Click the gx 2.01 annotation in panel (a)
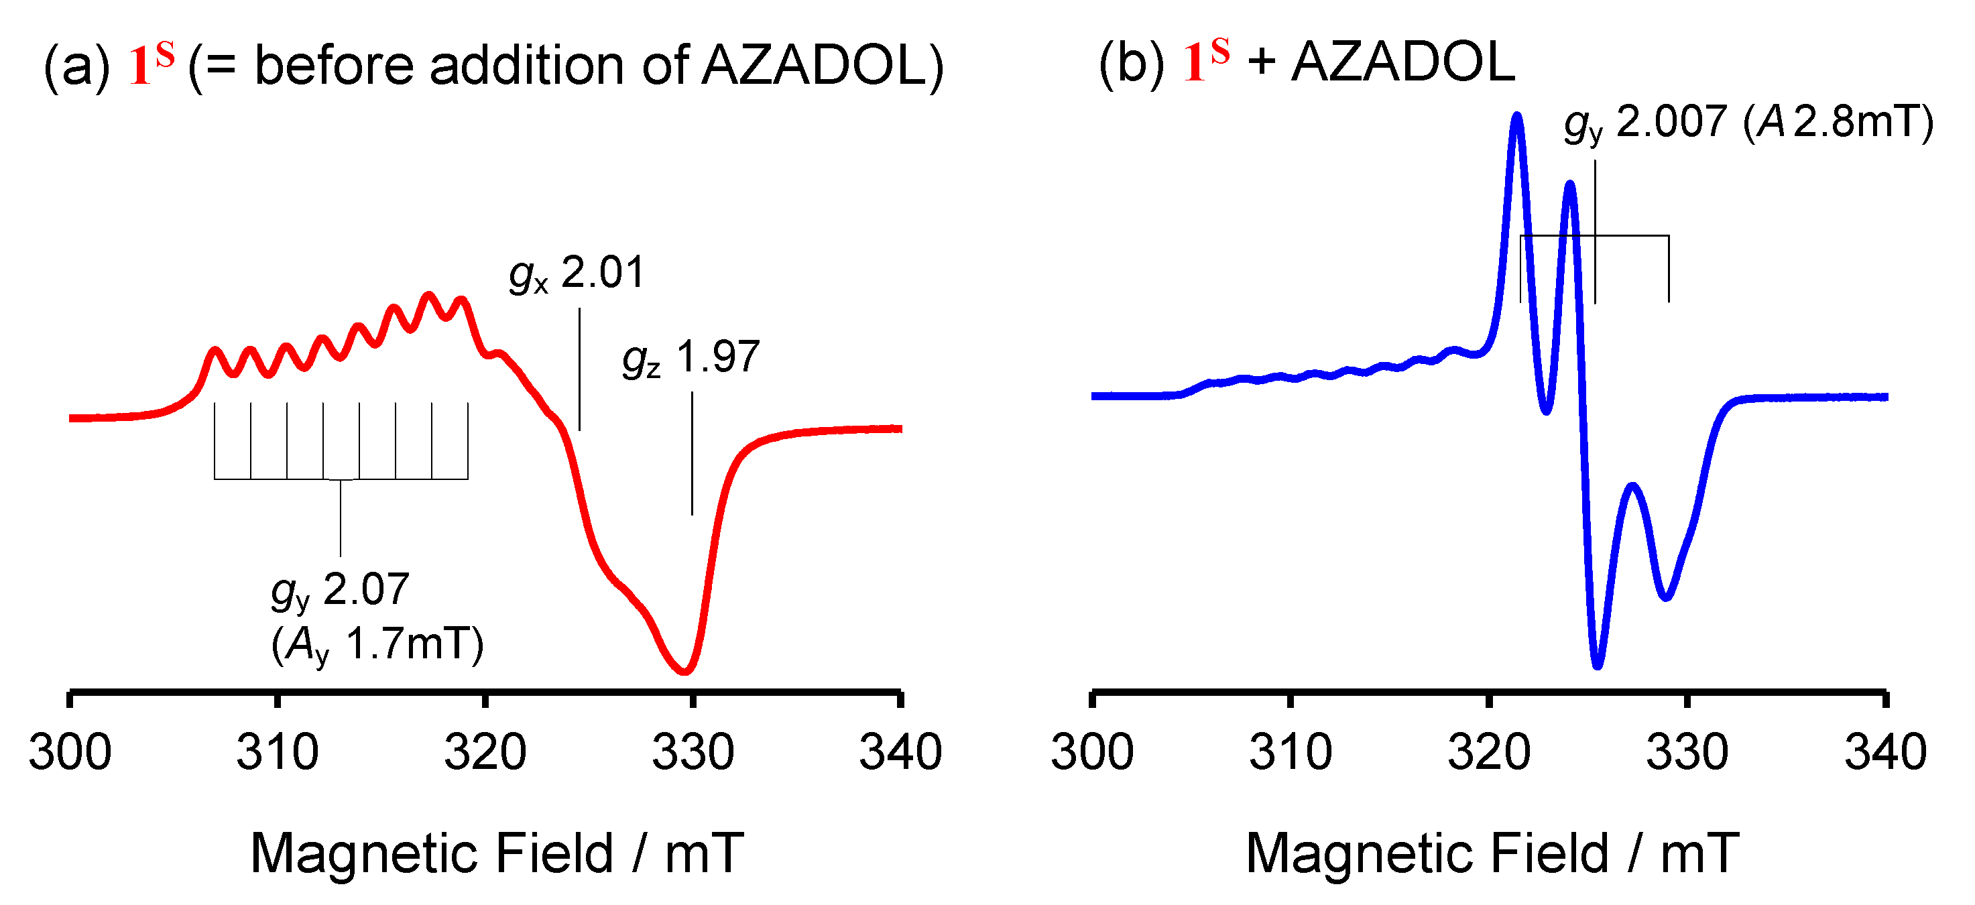[x=577, y=274]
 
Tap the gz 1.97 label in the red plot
[x=691, y=358]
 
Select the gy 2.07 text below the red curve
[x=341, y=591]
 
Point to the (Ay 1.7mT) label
[x=377, y=644]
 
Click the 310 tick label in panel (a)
[x=278, y=753]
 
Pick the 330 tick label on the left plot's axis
[x=693, y=753]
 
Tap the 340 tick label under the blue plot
[x=1885, y=753]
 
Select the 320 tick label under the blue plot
[x=1489, y=753]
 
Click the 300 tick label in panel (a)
[x=70, y=753]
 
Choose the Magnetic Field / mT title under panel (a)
[x=497, y=853]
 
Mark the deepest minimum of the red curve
[x=684, y=672]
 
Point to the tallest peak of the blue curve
[x=1516, y=117]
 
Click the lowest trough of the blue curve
[x=1598, y=666]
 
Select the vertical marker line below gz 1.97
[x=693, y=452]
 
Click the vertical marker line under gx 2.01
[x=580, y=368]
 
